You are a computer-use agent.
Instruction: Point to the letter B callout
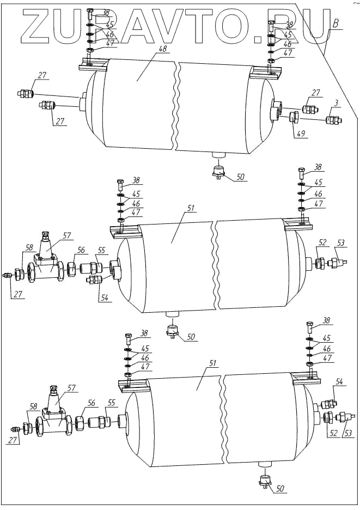[x=337, y=24]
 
